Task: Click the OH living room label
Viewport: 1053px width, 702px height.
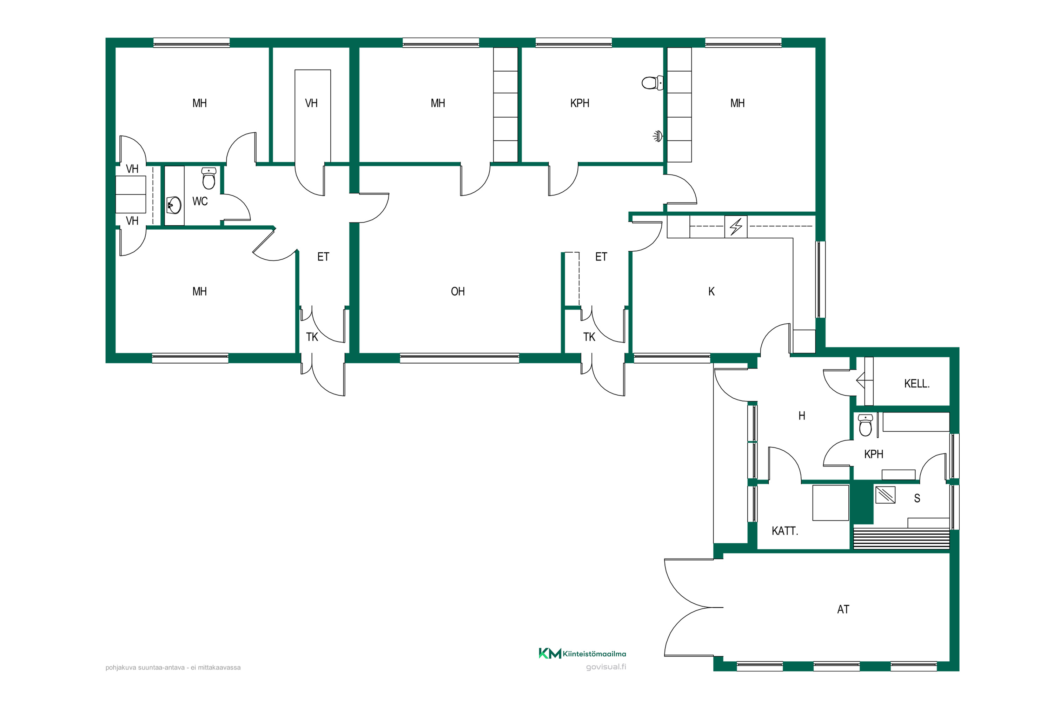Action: (458, 291)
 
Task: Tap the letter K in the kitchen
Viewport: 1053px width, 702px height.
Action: (711, 291)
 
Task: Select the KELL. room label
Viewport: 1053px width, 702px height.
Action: (917, 384)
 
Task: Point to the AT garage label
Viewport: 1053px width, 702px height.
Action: (843, 609)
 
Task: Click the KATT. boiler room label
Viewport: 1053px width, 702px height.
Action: (785, 531)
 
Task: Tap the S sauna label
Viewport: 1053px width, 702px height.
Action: (917, 498)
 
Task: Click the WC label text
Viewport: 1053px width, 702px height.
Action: (200, 201)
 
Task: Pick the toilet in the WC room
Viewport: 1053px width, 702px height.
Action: (208, 178)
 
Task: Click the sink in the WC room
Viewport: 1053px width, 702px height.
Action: (174, 205)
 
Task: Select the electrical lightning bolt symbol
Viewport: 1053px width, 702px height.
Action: (736, 226)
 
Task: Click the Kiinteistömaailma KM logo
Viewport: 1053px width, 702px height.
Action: (582, 654)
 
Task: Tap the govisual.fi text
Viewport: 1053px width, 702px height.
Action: (606, 667)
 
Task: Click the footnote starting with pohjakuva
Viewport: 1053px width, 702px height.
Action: (173, 668)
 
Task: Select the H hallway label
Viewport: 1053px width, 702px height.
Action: (802, 416)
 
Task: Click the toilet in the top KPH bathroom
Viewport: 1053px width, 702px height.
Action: (652, 83)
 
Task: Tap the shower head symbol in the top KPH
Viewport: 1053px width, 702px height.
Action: (658, 136)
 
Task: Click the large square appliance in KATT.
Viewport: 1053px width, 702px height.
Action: (830, 503)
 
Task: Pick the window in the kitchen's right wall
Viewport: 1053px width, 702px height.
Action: (820, 279)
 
